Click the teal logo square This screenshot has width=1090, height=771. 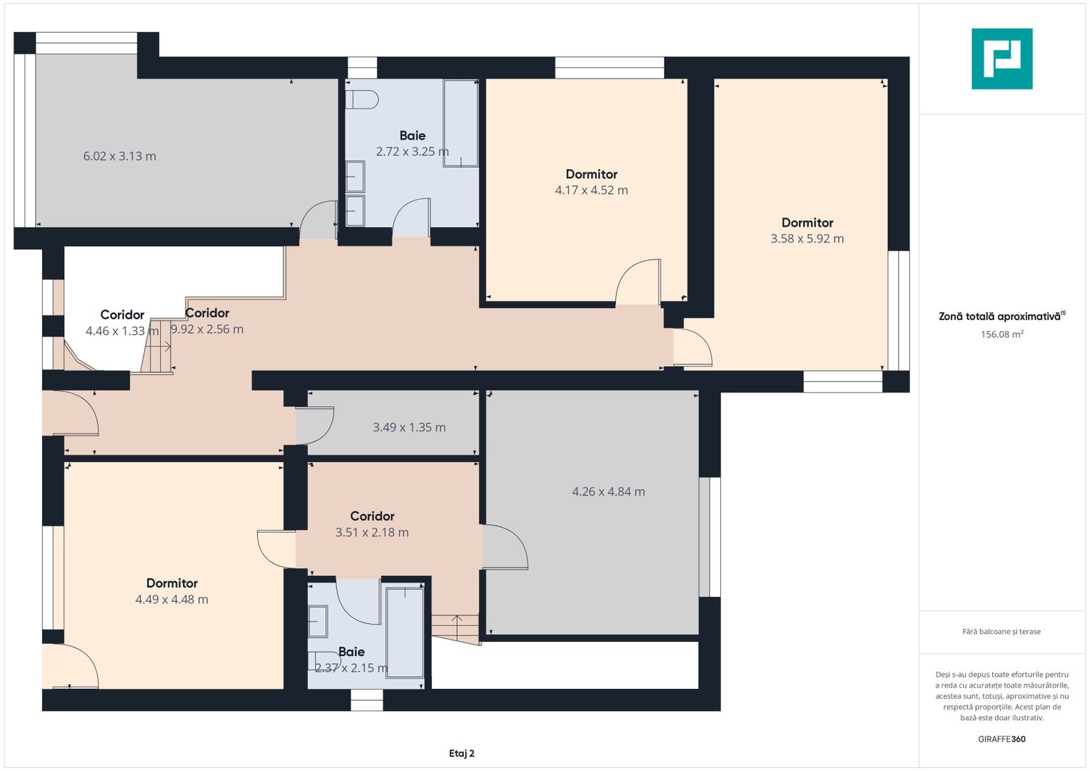(x=1002, y=59)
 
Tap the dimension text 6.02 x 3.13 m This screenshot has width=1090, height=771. (x=120, y=156)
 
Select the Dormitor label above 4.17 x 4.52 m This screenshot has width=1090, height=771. (x=591, y=174)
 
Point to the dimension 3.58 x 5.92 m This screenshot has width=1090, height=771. (x=807, y=238)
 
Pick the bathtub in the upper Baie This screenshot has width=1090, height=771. (x=460, y=124)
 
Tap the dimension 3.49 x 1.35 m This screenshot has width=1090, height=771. (x=409, y=428)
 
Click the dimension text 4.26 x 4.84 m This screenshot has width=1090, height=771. (x=608, y=492)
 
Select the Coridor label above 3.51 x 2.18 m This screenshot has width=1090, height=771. (x=372, y=516)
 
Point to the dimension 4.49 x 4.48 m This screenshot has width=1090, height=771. (x=172, y=599)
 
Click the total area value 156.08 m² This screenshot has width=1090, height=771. (x=1002, y=334)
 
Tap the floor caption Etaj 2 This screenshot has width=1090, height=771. (x=462, y=753)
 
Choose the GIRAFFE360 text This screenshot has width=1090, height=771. (x=1002, y=739)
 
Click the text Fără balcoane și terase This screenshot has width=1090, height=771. (x=1001, y=631)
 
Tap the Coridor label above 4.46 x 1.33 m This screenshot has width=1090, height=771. (x=122, y=315)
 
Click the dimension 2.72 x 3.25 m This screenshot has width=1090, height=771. (x=412, y=151)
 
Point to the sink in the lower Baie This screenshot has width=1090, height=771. (x=318, y=622)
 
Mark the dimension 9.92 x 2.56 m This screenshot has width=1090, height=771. (x=207, y=329)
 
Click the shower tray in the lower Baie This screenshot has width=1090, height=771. (x=404, y=633)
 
